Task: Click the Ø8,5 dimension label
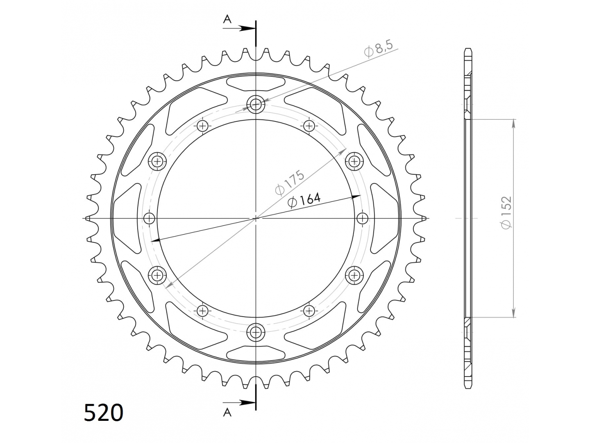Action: (379, 48)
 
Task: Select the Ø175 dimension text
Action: (290, 182)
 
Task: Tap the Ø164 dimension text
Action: (304, 200)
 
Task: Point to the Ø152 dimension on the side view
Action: (506, 213)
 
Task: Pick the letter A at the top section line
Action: (227, 19)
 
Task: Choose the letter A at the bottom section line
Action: (227, 420)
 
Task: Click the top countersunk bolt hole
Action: (256, 104)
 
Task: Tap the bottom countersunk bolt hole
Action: (256, 332)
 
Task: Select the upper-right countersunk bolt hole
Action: (354, 161)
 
